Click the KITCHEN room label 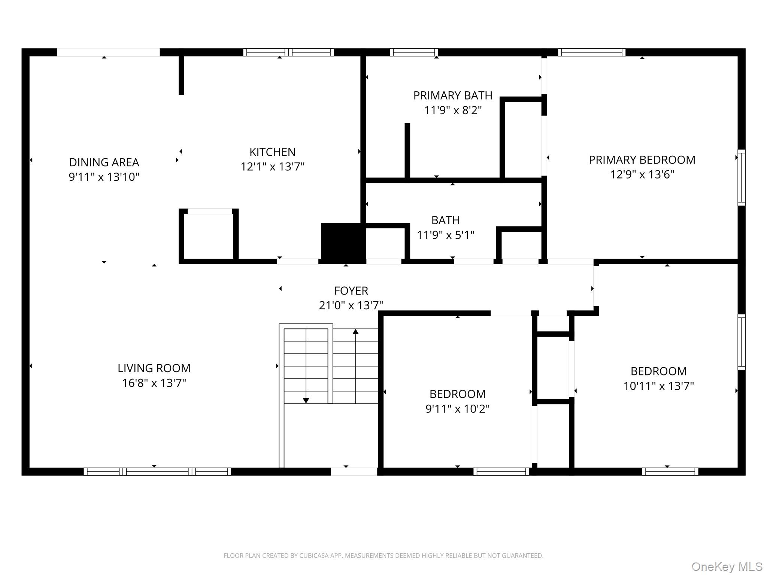(272, 152)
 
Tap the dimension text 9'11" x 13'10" (104, 177)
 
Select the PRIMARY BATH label (452, 95)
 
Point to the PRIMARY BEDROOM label (642, 160)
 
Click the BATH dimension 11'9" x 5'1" (445, 235)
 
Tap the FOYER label (351, 291)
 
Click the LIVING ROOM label (154, 368)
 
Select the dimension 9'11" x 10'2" (457, 409)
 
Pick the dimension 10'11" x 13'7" (658, 386)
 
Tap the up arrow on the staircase (355, 332)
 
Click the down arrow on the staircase (306, 400)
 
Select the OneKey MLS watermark (727, 566)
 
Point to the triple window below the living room (157, 472)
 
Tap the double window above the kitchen (288, 52)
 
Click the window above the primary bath (413, 52)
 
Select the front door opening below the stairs (354, 472)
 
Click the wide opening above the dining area (108, 52)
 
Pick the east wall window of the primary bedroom (741, 177)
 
